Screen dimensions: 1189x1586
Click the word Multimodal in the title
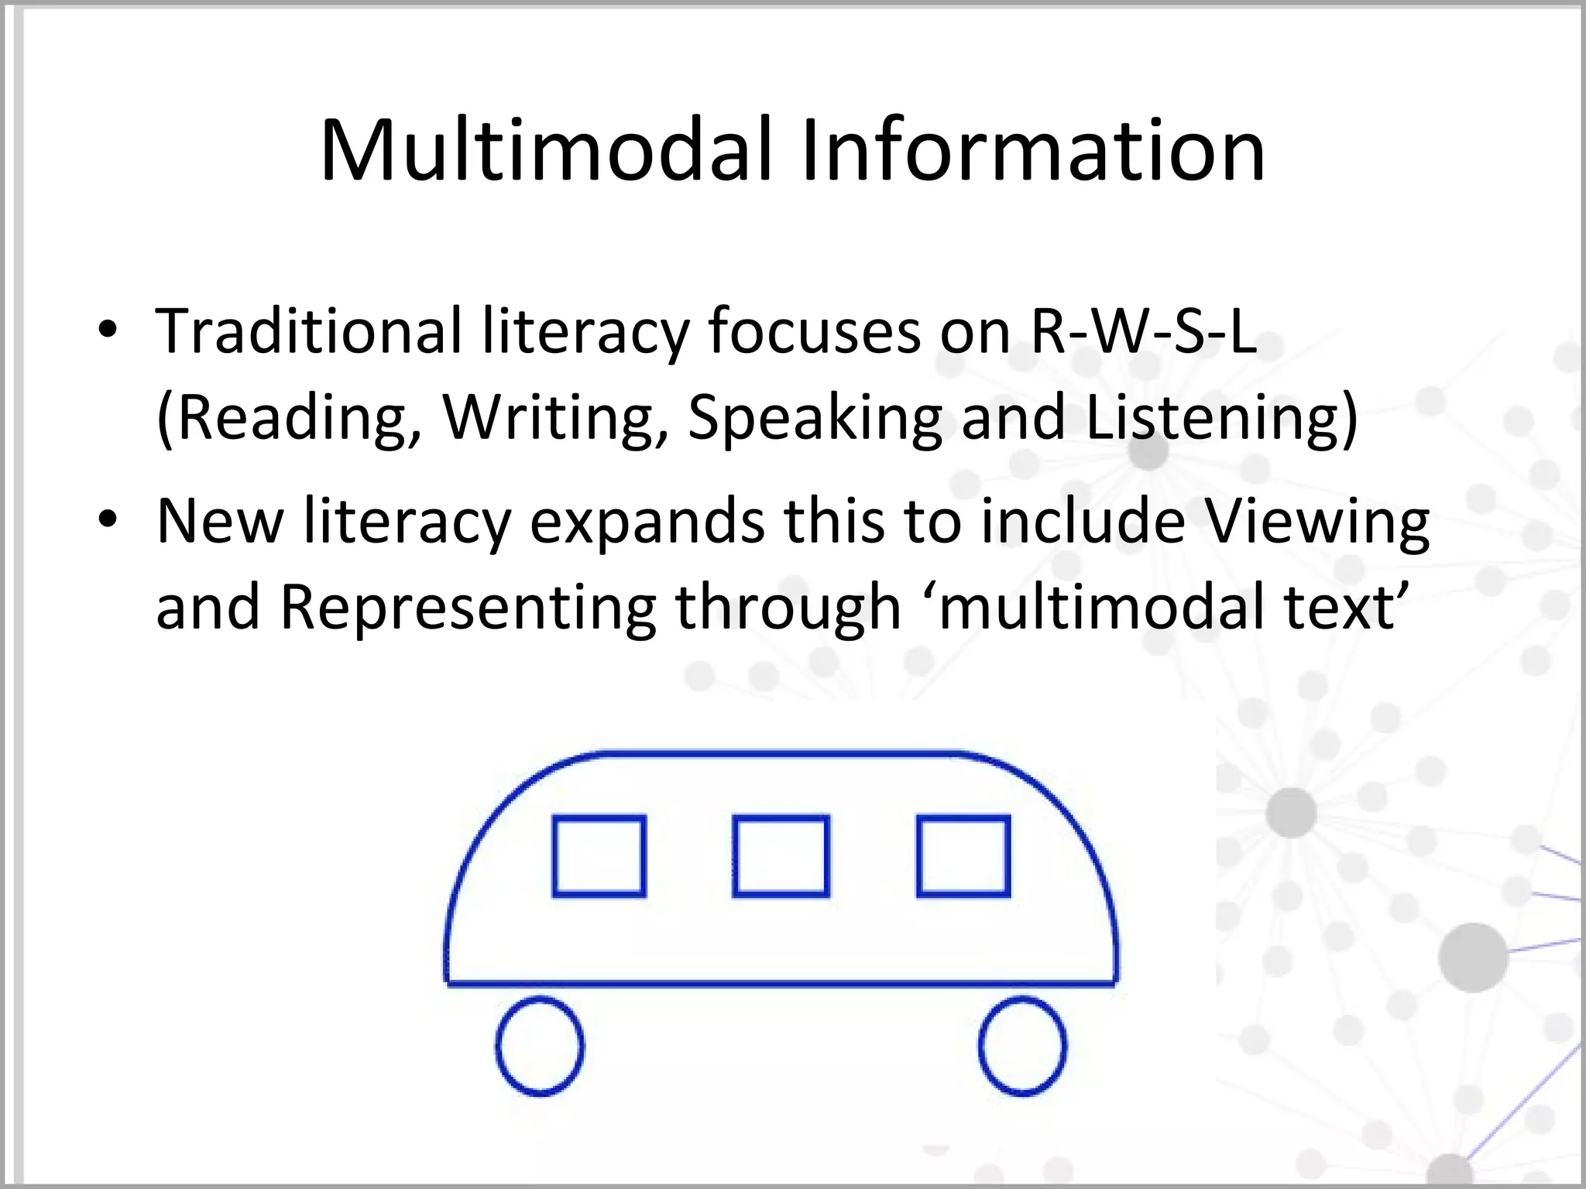547,150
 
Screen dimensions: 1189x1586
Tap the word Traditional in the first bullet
309,331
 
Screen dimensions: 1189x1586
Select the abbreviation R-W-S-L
1144,331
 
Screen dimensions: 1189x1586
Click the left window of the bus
599,856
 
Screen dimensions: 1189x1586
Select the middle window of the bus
781,856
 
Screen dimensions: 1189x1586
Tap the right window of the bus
963,856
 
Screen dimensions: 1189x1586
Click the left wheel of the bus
540,1046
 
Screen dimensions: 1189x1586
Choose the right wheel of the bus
1022,1046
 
